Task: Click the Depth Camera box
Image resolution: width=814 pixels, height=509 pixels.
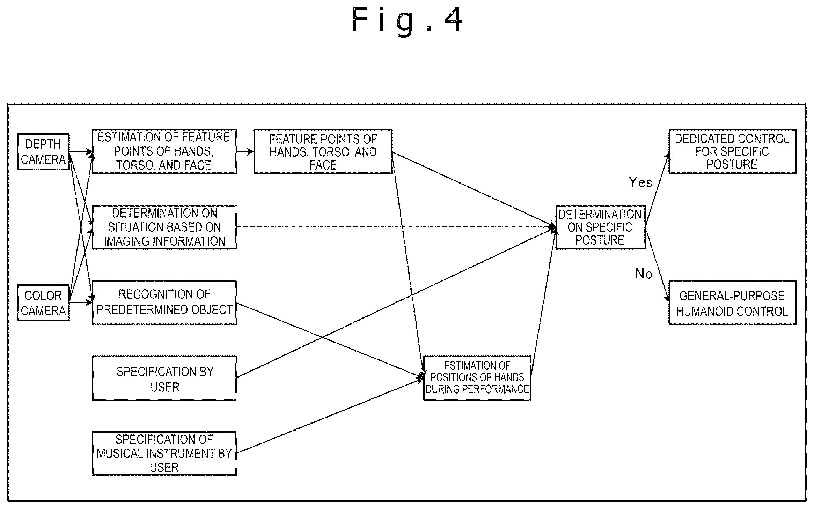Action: click(43, 151)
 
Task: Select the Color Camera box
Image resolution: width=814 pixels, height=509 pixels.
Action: click(43, 303)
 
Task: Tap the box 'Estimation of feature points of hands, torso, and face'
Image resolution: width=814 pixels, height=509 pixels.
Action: click(164, 151)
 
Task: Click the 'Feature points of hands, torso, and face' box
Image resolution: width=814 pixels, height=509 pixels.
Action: click(323, 151)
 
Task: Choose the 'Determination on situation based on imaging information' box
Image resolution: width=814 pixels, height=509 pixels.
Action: click(164, 227)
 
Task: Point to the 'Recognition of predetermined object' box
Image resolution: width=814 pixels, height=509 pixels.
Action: click(164, 302)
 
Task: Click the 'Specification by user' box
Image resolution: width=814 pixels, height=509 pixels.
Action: click(164, 378)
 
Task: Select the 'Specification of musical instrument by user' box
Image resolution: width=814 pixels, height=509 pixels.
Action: click(164, 454)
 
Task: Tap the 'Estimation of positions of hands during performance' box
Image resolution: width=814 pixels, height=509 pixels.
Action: click(477, 378)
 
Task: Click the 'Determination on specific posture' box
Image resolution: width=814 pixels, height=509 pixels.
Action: click(600, 227)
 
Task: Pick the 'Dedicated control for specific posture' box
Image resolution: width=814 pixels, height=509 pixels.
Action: click(732, 151)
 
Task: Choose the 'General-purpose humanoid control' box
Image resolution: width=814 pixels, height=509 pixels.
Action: click(732, 302)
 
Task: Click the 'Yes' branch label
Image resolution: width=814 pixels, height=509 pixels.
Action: click(640, 182)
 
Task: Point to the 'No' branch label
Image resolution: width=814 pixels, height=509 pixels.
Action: click(644, 274)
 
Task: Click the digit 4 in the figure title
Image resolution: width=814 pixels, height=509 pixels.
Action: click(453, 20)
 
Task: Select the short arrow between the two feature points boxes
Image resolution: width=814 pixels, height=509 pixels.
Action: click(245, 152)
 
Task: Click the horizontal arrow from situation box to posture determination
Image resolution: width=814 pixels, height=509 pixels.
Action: click(396, 227)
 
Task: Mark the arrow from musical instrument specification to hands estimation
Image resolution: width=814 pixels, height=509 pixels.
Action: click(330, 415)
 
